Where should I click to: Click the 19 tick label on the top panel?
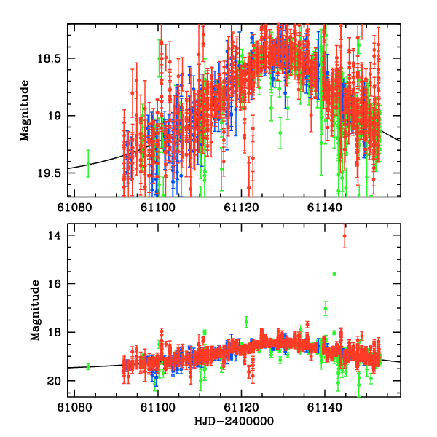tap(56, 116)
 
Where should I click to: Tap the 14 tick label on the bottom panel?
tap(54, 235)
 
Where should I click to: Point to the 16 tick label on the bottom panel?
tap(54, 284)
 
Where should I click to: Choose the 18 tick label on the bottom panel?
tap(54, 333)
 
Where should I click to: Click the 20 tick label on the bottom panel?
tap(54, 381)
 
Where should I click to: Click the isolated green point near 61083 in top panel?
tap(88, 164)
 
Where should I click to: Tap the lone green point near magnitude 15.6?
tap(334, 274)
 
